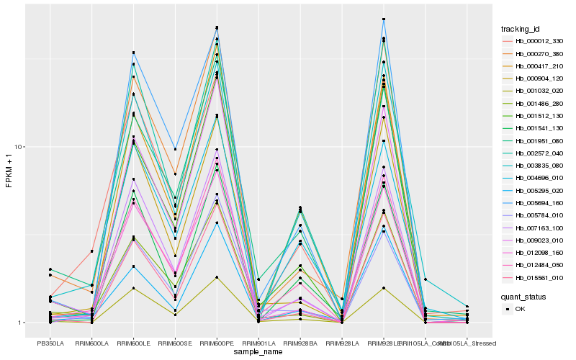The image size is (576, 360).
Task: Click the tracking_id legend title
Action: point(521,29)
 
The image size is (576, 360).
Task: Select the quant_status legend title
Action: point(523,296)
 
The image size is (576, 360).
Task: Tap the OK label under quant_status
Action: point(521,309)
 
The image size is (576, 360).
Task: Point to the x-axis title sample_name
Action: point(258,352)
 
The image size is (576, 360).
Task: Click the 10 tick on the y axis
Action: point(21,147)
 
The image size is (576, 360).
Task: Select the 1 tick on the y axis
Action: point(23,323)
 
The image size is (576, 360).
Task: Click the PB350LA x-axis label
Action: point(50,343)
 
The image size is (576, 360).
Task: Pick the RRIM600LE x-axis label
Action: point(134,343)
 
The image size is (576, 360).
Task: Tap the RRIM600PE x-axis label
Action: point(217,343)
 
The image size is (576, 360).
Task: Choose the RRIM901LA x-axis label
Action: point(258,343)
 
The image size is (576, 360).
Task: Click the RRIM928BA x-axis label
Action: point(300,343)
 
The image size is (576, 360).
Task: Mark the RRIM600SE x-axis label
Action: point(175,343)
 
